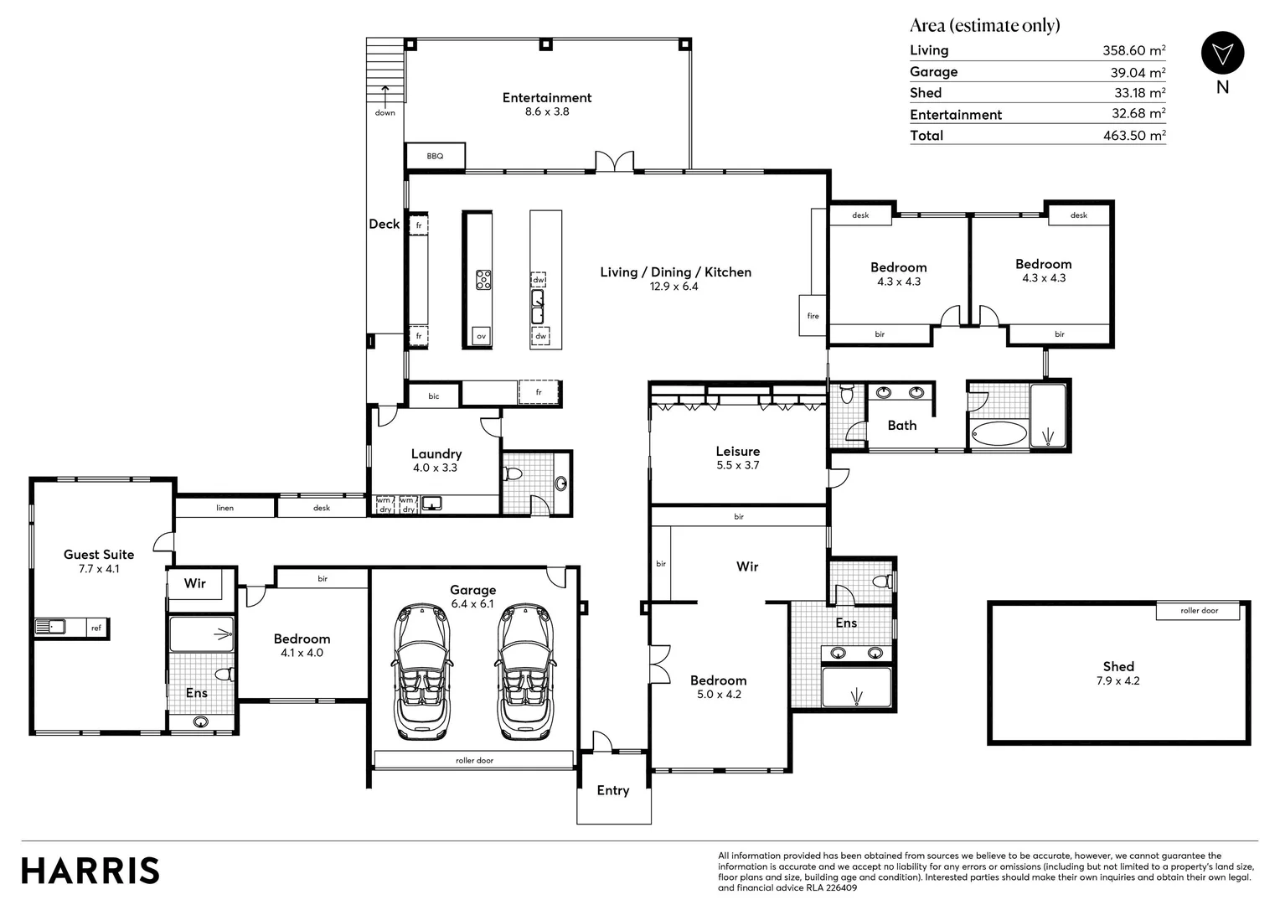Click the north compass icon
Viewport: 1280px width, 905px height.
(x=1222, y=54)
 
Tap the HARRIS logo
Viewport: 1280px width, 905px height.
(x=90, y=871)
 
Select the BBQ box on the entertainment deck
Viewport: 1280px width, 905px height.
(x=435, y=156)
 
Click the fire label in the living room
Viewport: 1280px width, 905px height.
(x=813, y=316)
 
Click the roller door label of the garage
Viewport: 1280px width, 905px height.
(x=474, y=761)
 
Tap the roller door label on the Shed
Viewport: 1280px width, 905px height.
(x=1199, y=611)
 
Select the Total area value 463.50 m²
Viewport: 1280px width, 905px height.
(x=1133, y=136)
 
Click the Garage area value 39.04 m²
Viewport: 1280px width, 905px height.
(x=1138, y=73)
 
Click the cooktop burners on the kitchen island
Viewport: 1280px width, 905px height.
(x=483, y=279)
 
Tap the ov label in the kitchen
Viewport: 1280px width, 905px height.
(x=481, y=336)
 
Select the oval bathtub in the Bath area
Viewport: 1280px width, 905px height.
(x=999, y=434)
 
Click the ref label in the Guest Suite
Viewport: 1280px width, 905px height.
(x=96, y=628)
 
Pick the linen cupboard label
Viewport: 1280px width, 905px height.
(x=225, y=508)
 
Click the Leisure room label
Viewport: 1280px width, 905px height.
(x=737, y=452)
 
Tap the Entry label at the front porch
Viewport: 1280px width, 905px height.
(x=612, y=790)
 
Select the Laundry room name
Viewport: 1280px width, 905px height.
(x=436, y=454)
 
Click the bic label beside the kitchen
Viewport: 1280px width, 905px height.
(x=433, y=396)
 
